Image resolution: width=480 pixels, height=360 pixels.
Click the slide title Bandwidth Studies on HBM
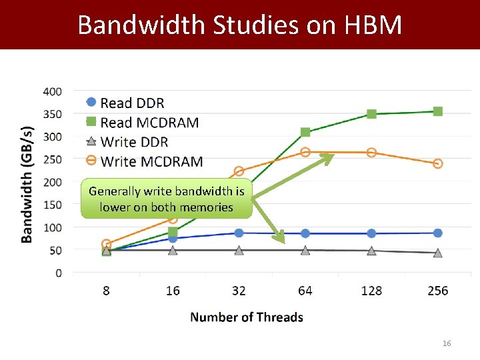240,25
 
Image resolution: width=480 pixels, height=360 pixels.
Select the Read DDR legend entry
131,103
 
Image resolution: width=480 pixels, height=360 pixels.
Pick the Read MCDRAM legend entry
149,122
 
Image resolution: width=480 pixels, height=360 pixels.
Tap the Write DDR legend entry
133,142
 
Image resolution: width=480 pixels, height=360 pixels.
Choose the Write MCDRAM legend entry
151,161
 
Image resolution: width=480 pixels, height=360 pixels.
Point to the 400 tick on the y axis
53,91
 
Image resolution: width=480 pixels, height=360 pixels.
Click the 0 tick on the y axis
59,273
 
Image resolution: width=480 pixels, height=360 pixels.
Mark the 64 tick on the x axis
305,291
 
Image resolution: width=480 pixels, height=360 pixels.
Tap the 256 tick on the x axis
437,291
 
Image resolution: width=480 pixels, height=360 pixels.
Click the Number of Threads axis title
247,317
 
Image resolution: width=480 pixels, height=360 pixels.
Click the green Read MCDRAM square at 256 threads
437,111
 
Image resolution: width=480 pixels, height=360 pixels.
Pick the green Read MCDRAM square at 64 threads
305,132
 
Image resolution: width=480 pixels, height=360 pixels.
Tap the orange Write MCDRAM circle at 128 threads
371,153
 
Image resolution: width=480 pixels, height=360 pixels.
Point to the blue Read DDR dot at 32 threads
239,233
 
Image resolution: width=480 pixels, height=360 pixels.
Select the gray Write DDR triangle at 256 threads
437,253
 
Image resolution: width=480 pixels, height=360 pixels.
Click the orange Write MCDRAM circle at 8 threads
107,244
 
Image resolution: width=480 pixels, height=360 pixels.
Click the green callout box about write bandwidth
167,199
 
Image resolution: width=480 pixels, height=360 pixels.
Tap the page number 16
447,343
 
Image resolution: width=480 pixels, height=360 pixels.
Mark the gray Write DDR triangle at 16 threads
173,250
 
